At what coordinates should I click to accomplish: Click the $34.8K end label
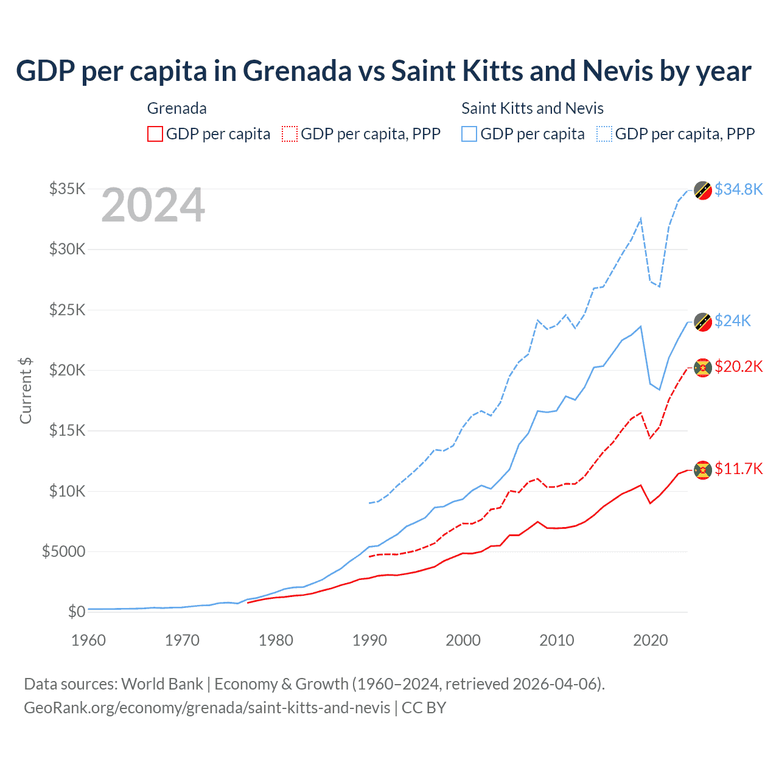(x=738, y=189)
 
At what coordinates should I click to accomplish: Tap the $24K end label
(x=733, y=321)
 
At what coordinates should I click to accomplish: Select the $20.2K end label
(x=738, y=366)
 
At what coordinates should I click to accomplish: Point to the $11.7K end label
(x=738, y=469)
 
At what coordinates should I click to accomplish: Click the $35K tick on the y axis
(x=67, y=189)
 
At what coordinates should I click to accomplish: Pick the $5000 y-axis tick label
(x=63, y=551)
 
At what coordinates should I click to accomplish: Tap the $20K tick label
(x=67, y=370)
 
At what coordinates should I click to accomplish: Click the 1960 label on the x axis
(x=88, y=640)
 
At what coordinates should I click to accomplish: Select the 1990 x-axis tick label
(x=369, y=640)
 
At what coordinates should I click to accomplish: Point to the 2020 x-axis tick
(x=651, y=640)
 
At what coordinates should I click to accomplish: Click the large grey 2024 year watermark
(x=153, y=206)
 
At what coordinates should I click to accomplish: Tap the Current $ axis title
(x=26, y=391)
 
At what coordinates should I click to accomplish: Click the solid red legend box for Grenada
(x=155, y=134)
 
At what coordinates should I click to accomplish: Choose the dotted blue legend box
(x=604, y=134)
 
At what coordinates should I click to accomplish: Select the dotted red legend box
(x=290, y=134)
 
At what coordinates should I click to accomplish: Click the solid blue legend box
(x=469, y=134)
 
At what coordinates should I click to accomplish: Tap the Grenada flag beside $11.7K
(x=703, y=470)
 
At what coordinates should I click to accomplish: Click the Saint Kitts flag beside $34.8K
(x=703, y=190)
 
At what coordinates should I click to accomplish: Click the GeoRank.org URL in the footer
(x=207, y=708)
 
